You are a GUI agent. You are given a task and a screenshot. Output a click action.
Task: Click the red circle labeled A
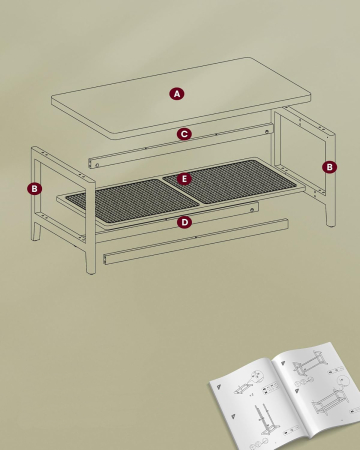tap(177, 93)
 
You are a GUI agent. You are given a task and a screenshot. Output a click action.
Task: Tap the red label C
tap(184, 133)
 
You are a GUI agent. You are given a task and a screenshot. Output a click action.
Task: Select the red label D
tap(184, 222)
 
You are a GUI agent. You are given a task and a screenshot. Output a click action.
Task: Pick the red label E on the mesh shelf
tap(184, 178)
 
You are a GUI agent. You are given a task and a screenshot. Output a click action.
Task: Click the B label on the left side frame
tap(35, 187)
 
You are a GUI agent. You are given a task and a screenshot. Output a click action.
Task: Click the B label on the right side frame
tap(330, 166)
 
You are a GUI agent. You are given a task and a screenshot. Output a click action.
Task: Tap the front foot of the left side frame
tap(91, 265)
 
